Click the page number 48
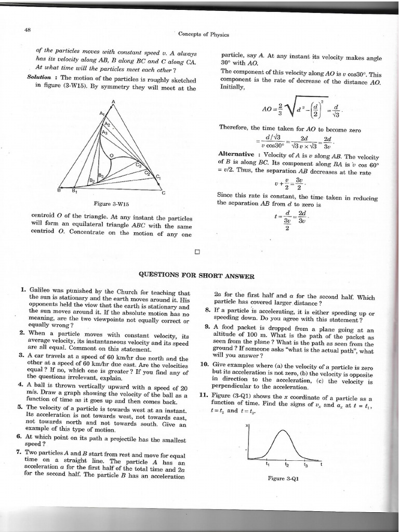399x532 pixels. [x=28, y=29]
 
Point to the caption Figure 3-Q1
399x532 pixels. [x=283, y=478]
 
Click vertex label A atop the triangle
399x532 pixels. [x=113, y=101]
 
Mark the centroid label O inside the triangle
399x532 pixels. [x=111, y=154]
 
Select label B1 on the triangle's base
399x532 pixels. [x=74, y=190]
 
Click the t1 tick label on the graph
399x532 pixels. [x=268, y=463]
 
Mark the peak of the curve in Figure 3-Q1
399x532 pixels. [x=284, y=430]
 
